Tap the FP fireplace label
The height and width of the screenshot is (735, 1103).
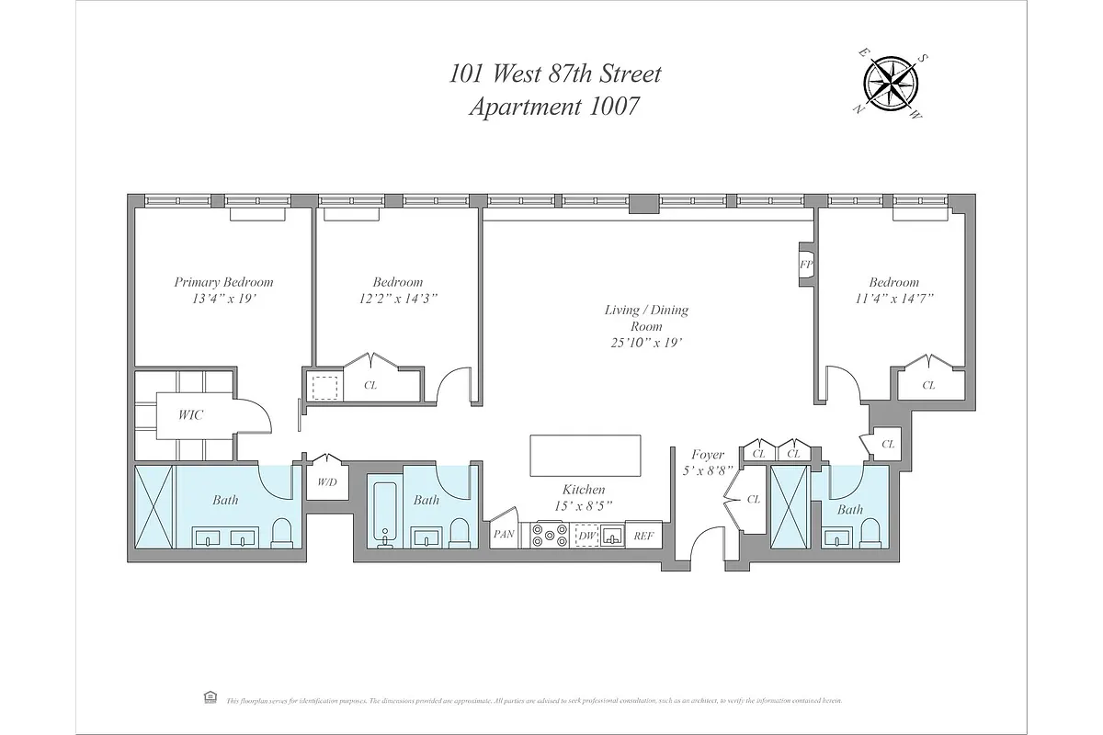coord(805,264)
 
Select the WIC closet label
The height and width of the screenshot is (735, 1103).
coord(190,414)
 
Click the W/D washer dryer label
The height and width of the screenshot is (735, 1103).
coord(326,481)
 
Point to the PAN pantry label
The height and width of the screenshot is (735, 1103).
coord(503,534)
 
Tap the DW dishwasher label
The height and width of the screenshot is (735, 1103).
coord(585,535)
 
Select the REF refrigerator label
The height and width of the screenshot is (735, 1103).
coord(642,535)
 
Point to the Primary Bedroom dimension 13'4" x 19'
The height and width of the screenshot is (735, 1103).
coord(224,300)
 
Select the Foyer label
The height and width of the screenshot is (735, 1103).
coord(708,455)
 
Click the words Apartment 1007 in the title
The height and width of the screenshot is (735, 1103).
coord(553,107)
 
